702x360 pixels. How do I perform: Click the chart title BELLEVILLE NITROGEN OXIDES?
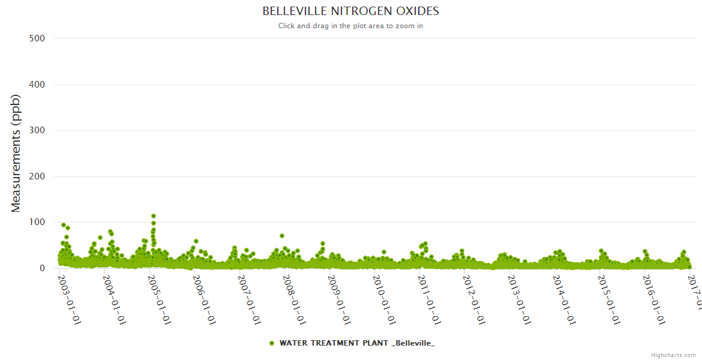click(x=350, y=11)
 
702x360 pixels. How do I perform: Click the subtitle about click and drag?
click(x=350, y=26)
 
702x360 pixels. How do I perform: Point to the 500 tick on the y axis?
click(x=37, y=38)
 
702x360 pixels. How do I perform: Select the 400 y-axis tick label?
click(x=37, y=85)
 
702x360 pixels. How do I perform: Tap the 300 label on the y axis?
click(x=37, y=130)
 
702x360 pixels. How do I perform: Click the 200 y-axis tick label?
click(x=37, y=176)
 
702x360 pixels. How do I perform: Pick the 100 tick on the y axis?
click(x=37, y=223)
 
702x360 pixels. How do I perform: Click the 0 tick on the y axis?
click(x=42, y=268)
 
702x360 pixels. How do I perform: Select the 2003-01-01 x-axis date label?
click(x=70, y=299)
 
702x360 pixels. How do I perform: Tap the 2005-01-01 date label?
click(x=160, y=299)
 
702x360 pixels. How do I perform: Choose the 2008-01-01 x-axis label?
click(x=295, y=299)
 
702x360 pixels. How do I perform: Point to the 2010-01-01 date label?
click(x=385, y=299)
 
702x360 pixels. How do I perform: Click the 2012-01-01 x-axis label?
click(x=475, y=299)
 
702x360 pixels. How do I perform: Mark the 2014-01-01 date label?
click(x=565, y=299)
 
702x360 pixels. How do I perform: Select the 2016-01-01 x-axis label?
click(x=655, y=299)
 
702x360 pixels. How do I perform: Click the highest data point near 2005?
click(x=154, y=216)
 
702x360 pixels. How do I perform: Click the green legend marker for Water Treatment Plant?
click(x=272, y=343)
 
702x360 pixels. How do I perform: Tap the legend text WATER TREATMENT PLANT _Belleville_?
click(x=357, y=343)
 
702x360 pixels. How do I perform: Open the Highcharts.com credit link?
click(x=673, y=355)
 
